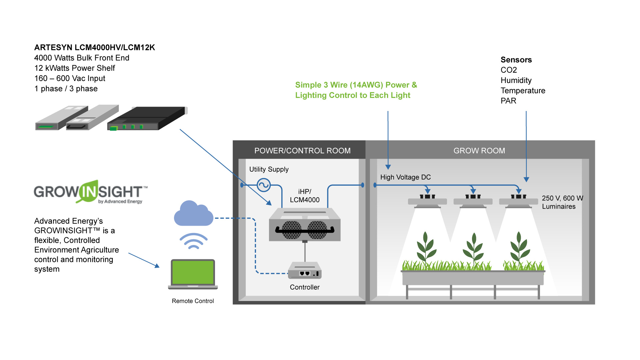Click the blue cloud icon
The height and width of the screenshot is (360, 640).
pos(193,214)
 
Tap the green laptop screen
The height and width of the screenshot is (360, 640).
pos(193,272)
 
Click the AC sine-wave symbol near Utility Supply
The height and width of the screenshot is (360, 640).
pos(263,185)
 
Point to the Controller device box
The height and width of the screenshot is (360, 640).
pos(305,271)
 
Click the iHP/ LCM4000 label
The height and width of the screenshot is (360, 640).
pos(304,196)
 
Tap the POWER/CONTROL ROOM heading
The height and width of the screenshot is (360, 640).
pos(302,151)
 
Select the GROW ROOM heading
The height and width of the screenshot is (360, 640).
pos(479,151)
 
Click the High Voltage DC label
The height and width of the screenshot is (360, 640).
pos(405,177)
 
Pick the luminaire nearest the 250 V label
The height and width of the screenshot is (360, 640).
pos(518,201)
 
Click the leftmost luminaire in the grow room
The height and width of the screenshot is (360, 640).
pos(427,201)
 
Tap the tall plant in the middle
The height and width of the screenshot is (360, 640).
pos(473,248)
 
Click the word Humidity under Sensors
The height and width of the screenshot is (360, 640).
pos(516,80)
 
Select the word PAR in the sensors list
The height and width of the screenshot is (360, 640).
pos(508,101)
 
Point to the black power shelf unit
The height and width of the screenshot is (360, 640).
pos(147,118)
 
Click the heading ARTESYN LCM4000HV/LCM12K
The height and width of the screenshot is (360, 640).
pos(95,47)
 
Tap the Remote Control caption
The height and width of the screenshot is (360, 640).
pos(193,301)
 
